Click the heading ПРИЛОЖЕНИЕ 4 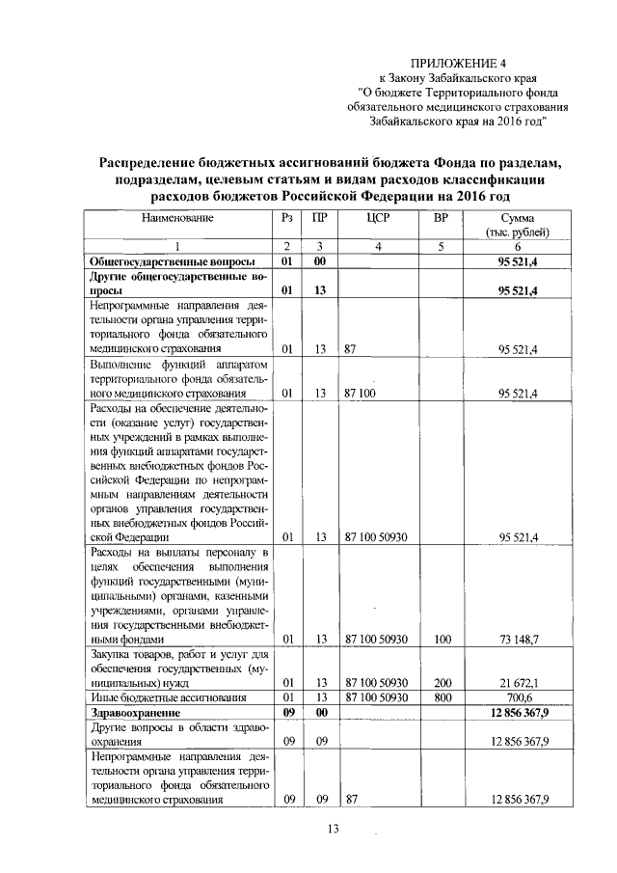coord(471,63)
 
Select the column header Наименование coord(176,219)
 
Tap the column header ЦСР coord(378,219)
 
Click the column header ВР coord(442,219)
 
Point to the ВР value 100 coord(443,640)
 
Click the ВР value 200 coord(443,683)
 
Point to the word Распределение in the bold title coord(160,163)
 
